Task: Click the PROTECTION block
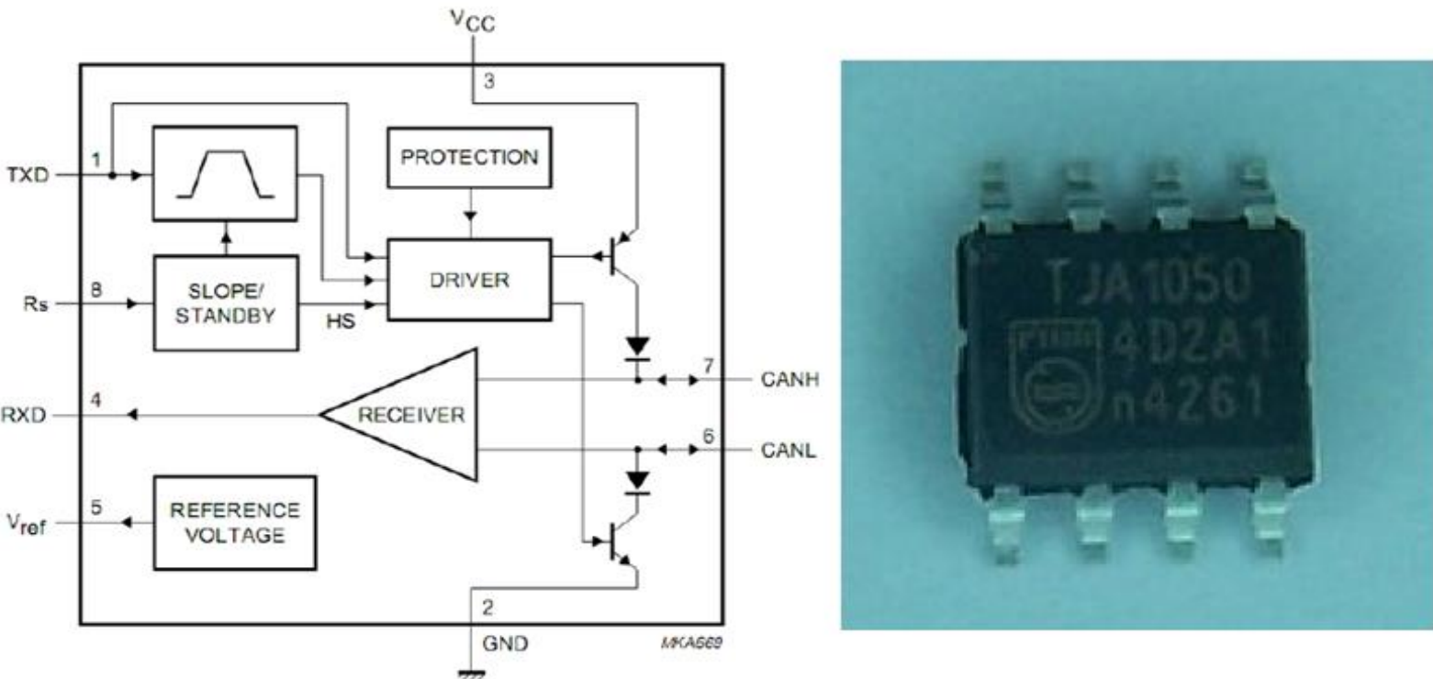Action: pyautogui.click(x=469, y=157)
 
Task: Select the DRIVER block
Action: pyautogui.click(x=469, y=280)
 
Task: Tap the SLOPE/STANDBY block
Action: pyautogui.click(x=226, y=302)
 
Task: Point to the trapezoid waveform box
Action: pyautogui.click(x=226, y=173)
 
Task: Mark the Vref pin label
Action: pyautogui.click(x=27, y=523)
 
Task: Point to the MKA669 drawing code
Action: pyautogui.click(x=699, y=642)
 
